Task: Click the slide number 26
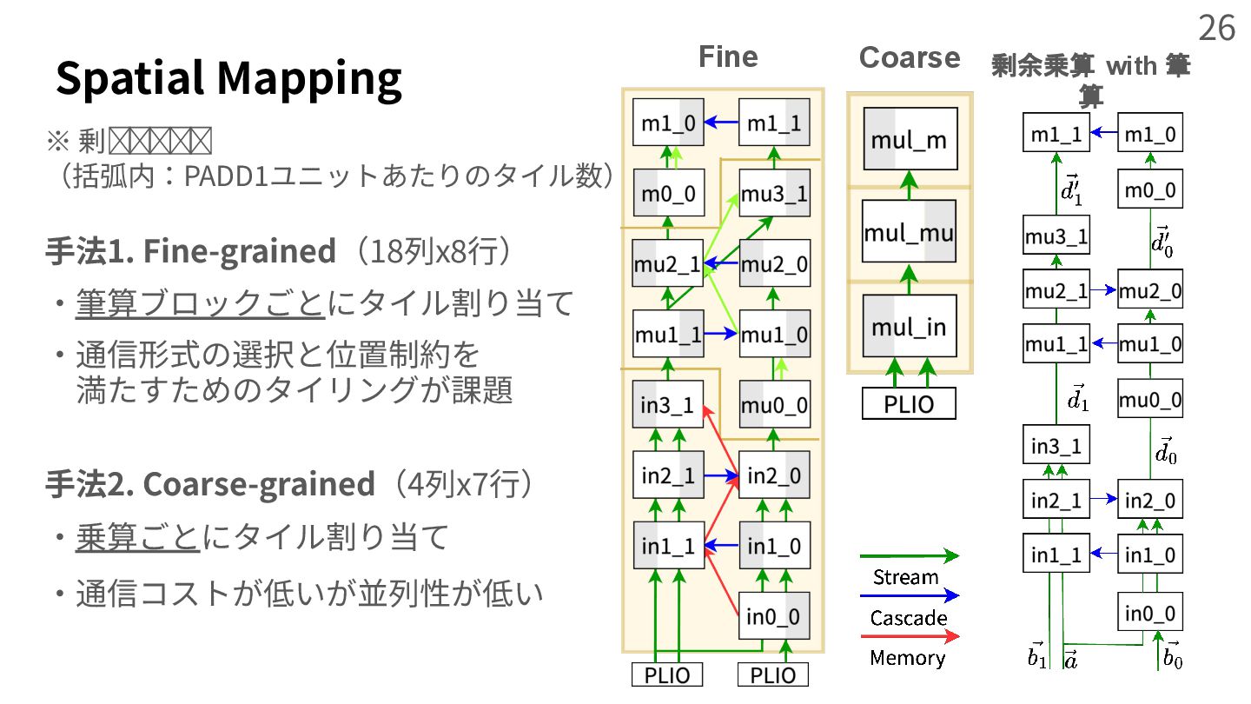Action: (x=1216, y=29)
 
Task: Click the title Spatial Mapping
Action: (x=229, y=78)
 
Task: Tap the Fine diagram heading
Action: (x=728, y=57)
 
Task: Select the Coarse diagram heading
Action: (x=909, y=57)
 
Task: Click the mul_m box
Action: (x=910, y=139)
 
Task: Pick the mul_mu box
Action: (x=910, y=232)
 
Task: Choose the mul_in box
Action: (x=910, y=326)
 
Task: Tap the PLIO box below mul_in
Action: (x=909, y=404)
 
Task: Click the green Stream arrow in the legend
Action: (x=909, y=555)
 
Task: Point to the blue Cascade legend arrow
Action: (x=909, y=596)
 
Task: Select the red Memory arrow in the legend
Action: (x=909, y=636)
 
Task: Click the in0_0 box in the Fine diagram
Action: (x=774, y=616)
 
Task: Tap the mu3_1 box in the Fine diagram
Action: (x=774, y=193)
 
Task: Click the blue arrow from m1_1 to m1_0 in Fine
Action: (x=719, y=123)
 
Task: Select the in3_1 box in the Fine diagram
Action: (x=667, y=405)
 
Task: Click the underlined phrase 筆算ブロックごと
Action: (x=200, y=303)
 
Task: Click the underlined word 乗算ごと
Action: (x=138, y=538)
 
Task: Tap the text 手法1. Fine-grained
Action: (x=190, y=251)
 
